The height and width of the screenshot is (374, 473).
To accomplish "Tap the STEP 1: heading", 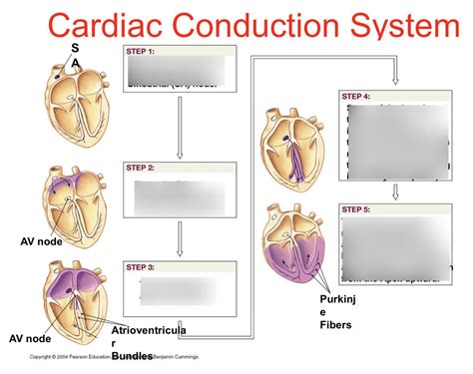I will click(141, 51).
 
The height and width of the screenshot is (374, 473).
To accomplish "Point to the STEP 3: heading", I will click(141, 267).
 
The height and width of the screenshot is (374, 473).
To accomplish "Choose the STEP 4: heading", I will click(356, 97).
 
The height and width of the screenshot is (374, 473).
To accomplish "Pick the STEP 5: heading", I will click(356, 209).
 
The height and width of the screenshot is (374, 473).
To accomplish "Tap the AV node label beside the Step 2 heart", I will click(41, 241).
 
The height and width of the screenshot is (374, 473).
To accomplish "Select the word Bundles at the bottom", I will click(132, 355).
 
